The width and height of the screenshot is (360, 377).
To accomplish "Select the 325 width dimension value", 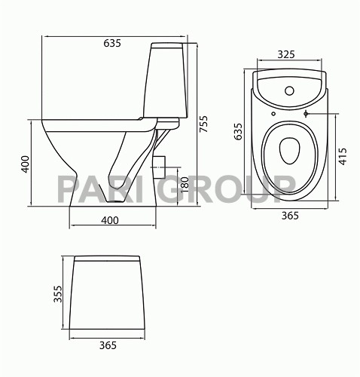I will coord(285,54).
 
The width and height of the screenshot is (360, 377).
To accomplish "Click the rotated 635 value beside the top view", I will coord(238,132).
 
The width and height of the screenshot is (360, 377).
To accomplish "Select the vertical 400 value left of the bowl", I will coord(25,164).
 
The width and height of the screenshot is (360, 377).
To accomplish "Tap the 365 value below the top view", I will coord(290,216).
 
